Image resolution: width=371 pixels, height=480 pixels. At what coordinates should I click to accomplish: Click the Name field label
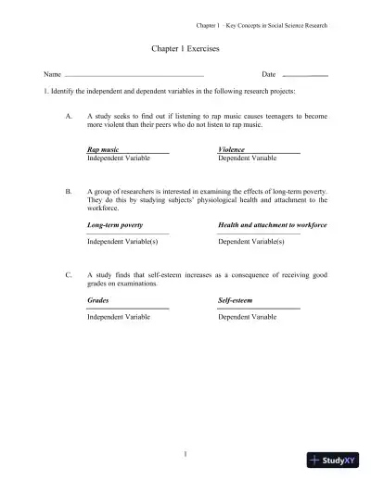[x=52, y=73]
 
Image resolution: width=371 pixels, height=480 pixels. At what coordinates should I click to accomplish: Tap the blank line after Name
[x=134, y=74]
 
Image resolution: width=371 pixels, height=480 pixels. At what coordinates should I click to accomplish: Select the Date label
[x=269, y=73]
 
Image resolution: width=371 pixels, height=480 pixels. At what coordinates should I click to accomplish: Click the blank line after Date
[x=305, y=74]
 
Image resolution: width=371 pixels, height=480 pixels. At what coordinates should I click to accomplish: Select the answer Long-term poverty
[x=115, y=224]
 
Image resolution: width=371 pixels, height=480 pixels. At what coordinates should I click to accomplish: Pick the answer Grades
[x=97, y=300]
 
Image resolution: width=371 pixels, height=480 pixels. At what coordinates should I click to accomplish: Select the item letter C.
[x=70, y=275]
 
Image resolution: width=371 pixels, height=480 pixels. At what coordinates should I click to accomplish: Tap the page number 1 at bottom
[x=185, y=453]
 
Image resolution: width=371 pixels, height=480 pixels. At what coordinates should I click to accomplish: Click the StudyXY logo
[x=333, y=461]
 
